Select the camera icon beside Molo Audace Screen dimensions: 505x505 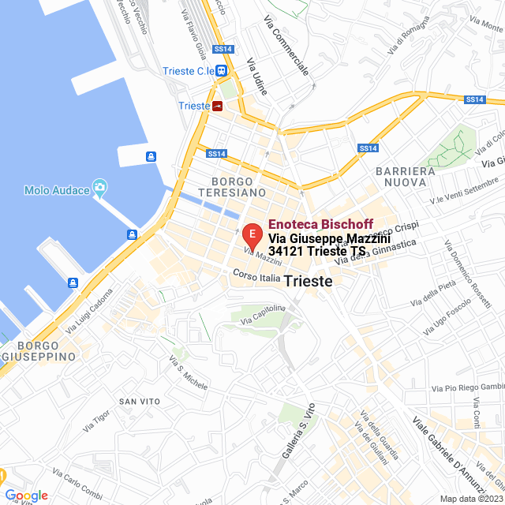coord(100,188)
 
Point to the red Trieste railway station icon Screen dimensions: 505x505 coord(217,106)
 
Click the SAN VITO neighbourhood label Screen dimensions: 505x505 coord(140,402)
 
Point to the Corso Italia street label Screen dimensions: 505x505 coord(256,277)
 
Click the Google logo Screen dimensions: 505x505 coord(25,496)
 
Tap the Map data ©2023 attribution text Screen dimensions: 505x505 coord(470,498)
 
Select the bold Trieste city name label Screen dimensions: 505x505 coord(308,281)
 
